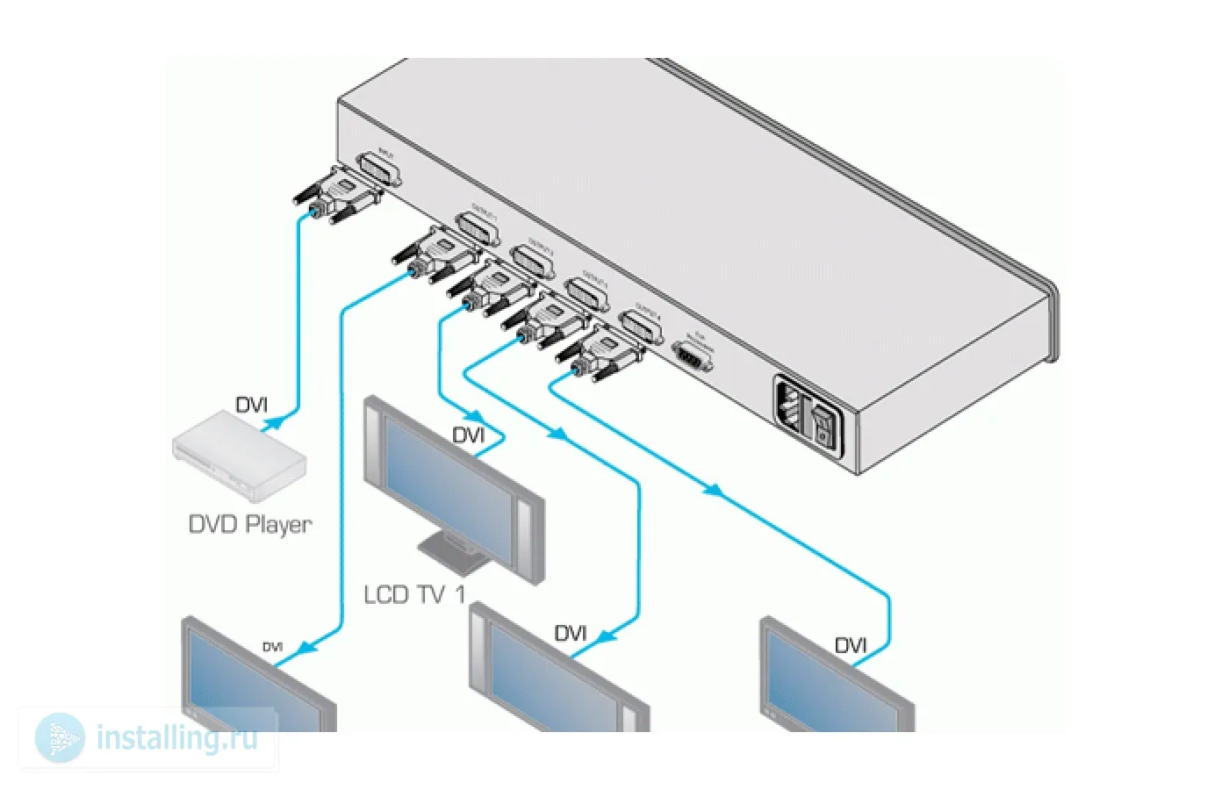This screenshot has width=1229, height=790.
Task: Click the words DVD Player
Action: click(x=250, y=524)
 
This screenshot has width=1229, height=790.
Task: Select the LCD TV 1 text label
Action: click(x=413, y=594)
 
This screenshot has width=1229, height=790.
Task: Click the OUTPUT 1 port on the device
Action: click(x=478, y=229)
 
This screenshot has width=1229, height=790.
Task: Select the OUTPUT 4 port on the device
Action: click(x=642, y=327)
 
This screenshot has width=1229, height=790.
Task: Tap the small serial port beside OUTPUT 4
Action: click(x=694, y=358)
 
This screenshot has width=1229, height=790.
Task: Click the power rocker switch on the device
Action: click(x=823, y=424)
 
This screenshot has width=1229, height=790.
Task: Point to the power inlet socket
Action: click(x=790, y=406)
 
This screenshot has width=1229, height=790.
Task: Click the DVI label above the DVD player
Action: click(x=251, y=405)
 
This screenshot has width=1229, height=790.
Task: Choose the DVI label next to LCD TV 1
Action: click(x=468, y=435)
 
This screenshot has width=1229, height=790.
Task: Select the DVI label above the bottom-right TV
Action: click(x=850, y=646)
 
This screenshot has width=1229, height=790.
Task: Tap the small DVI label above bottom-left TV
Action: click(x=272, y=647)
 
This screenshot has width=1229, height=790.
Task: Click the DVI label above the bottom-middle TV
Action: click(x=570, y=633)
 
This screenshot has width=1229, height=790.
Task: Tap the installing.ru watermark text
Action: click(x=177, y=737)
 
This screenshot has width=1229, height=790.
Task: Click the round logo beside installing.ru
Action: click(x=60, y=737)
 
